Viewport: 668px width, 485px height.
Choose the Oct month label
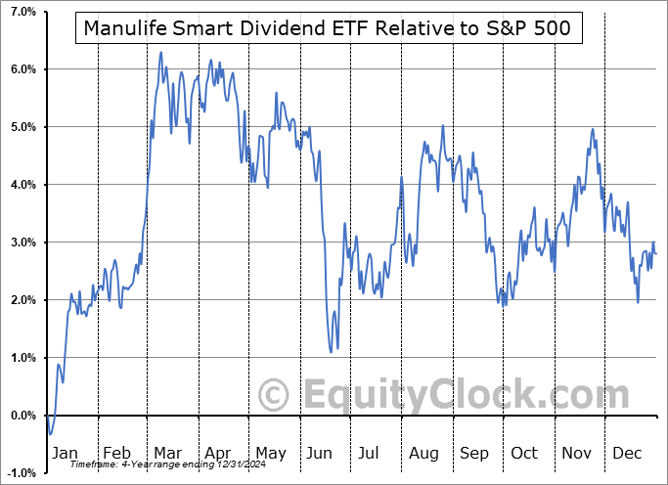(x=525, y=453)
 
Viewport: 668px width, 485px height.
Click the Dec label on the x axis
(x=627, y=453)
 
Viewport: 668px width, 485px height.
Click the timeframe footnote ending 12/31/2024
(x=162, y=463)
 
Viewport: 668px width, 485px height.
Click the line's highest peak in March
(x=160, y=52)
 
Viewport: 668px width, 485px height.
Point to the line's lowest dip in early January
(x=50, y=434)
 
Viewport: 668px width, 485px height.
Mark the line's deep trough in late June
(x=332, y=351)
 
